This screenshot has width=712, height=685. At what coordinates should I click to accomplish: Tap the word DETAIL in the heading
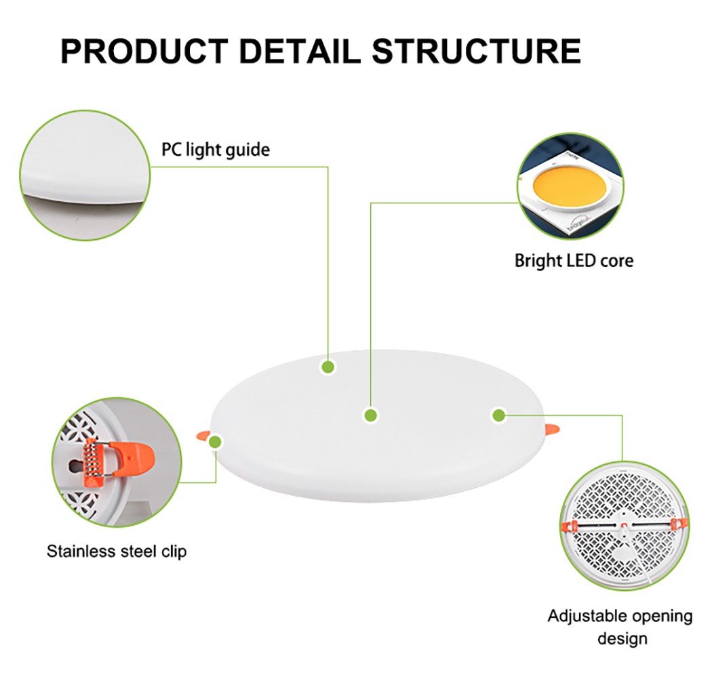click(x=299, y=51)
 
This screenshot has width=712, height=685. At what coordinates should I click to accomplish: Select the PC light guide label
click(x=215, y=149)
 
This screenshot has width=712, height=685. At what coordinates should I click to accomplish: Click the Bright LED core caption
click(x=574, y=260)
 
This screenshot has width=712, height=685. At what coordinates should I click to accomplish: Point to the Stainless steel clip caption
click(x=117, y=552)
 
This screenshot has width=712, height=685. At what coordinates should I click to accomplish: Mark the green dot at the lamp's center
click(x=370, y=415)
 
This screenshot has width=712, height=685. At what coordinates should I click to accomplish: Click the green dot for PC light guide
click(x=328, y=367)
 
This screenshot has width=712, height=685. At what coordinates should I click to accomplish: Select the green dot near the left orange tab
click(x=216, y=442)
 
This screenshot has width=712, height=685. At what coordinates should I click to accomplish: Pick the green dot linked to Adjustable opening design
click(x=499, y=415)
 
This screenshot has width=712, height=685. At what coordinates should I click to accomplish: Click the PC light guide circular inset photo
click(x=85, y=174)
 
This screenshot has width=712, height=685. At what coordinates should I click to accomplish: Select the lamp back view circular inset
click(x=624, y=525)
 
